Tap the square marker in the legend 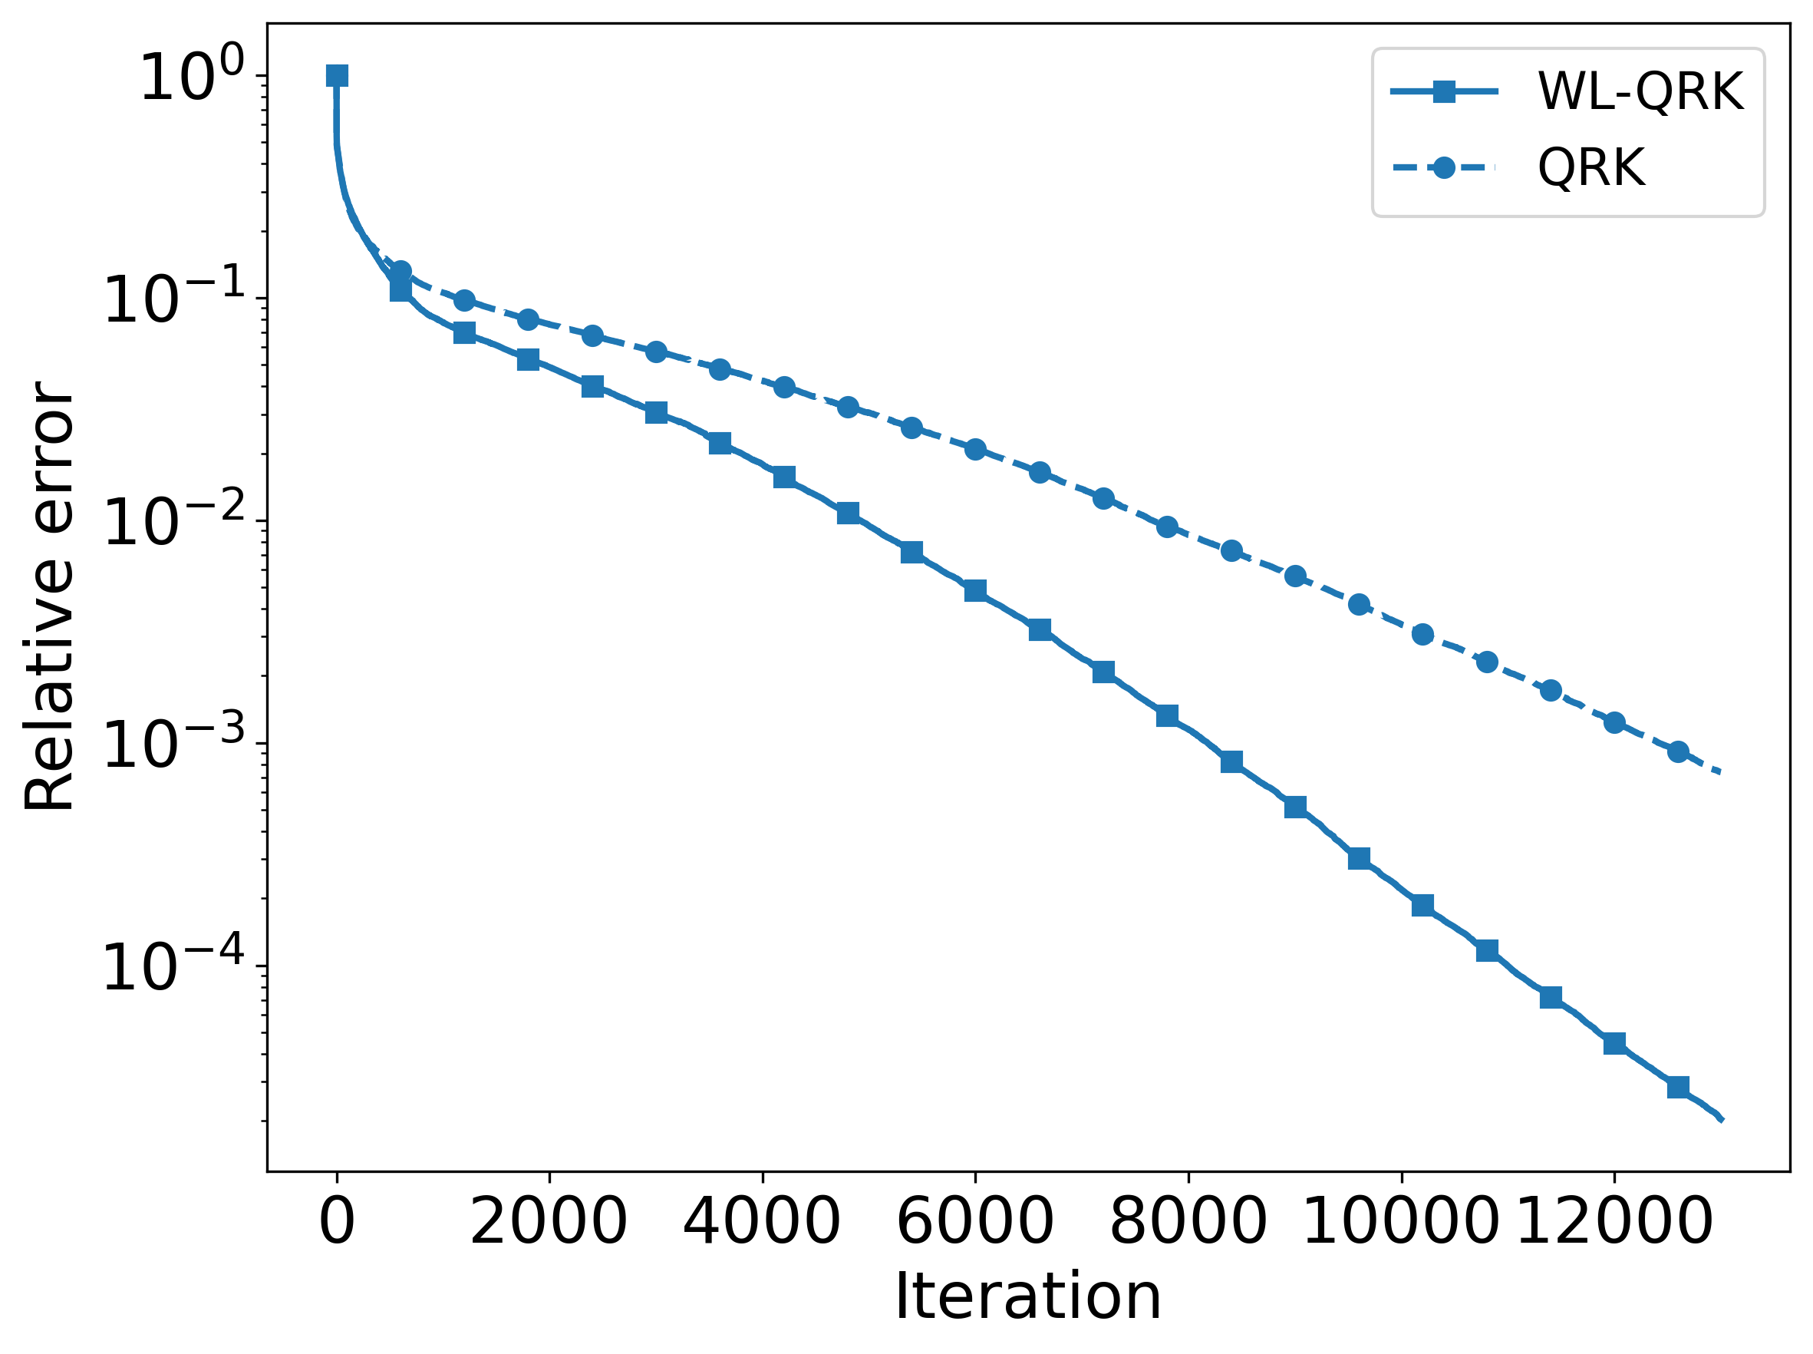coord(1444,91)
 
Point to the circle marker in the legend coord(1444,168)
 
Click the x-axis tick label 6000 coord(975,1221)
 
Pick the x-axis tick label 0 coord(337,1221)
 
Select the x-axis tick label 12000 coord(1614,1221)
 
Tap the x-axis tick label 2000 coord(549,1221)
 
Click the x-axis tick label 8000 coord(1188,1221)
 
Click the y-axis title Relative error coord(49,596)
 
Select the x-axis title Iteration coord(1027,1297)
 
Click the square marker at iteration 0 coord(337,76)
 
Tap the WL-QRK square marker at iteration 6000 coord(975,590)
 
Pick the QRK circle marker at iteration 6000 coord(975,448)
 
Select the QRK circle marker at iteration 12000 coord(1614,722)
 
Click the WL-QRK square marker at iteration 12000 coord(1614,1043)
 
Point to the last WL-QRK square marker coord(1678,1088)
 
